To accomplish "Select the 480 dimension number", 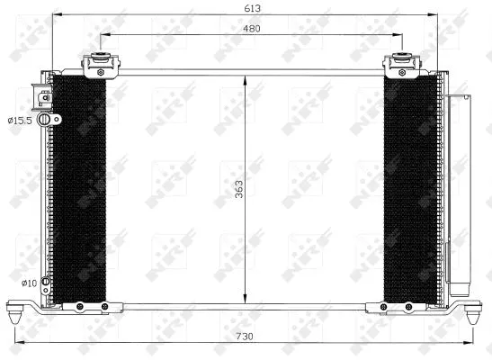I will point(251,27).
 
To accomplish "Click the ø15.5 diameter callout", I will point(21,120).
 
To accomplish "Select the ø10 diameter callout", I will point(28,283).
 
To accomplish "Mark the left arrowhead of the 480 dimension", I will point(103,35).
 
